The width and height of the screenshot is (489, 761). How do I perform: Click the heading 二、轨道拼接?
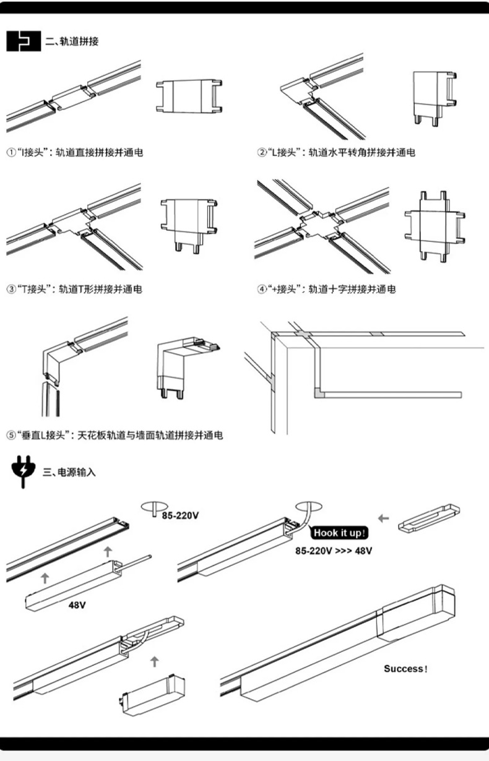pyautogui.click(x=72, y=42)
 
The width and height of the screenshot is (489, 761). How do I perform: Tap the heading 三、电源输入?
pyautogui.click(x=69, y=472)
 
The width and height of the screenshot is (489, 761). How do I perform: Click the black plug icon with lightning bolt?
pyautogui.click(x=23, y=471)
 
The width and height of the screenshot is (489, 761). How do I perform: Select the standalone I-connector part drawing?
pyautogui.click(x=189, y=97)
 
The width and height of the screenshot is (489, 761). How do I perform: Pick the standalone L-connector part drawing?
pyautogui.click(x=435, y=97)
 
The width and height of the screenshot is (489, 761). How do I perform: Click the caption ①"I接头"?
pyautogui.click(x=75, y=152)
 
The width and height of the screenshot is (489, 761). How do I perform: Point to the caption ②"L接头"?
pyautogui.click(x=336, y=152)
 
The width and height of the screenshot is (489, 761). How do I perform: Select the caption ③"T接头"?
pyautogui.click(x=74, y=289)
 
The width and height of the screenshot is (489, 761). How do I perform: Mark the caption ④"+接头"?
pyautogui.click(x=326, y=289)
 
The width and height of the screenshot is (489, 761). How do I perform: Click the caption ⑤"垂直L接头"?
pyautogui.click(x=115, y=436)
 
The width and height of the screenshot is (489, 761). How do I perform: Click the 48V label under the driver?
pyautogui.click(x=77, y=605)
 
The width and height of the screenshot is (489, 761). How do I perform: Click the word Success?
pyautogui.click(x=405, y=669)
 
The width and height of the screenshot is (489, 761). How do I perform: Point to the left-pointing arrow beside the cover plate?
pyautogui.click(x=384, y=518)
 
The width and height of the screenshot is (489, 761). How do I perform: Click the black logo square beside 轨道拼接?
pyautogui.click(x=23, y=41)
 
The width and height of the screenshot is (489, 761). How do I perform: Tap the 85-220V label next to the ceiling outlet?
pyautogui.click(x=180, y=515)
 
